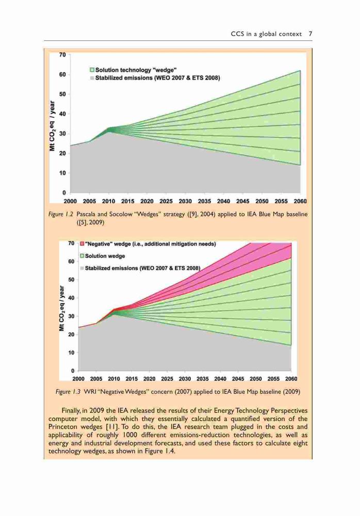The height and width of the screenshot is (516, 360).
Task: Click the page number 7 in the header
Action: (310, 34)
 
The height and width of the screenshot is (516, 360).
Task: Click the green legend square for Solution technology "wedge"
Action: (92, 70)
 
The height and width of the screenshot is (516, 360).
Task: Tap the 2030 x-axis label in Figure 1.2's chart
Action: (185, 201)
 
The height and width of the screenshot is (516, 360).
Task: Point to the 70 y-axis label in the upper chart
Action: (62, 55)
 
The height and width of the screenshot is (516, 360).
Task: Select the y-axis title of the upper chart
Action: (52, 126)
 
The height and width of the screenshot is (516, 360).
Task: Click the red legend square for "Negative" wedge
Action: (82, 244)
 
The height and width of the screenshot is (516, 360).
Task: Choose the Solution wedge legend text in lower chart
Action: (105, 256)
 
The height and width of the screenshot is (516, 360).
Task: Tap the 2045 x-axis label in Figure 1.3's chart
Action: (238, 379)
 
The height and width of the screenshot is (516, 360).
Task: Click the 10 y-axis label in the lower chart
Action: (71, 352)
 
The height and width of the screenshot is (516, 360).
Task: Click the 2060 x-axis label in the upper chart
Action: (300, 201)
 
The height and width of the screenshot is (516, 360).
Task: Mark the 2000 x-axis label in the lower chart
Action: (78, 379)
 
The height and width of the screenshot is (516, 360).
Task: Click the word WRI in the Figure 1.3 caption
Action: (90, 392)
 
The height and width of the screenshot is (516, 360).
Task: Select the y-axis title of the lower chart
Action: (61, 309)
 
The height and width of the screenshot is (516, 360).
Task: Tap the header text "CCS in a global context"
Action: (266, 34)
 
